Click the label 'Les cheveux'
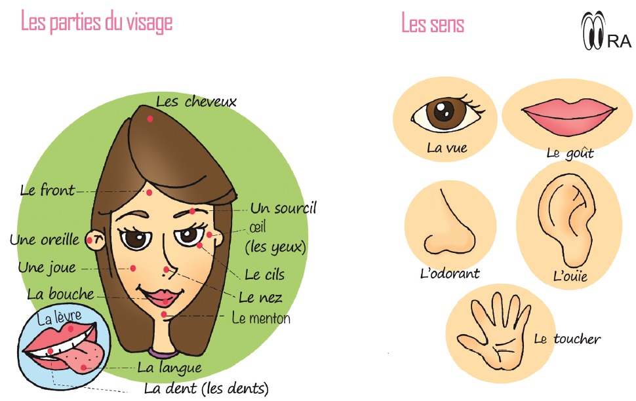coord(196,102)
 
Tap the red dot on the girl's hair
coord(150,119)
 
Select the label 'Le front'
coord(47,190)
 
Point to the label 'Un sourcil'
coord(283,208)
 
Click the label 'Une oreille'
coord(45,239)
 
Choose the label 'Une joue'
coord(47,267)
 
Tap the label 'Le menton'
coord(261,318)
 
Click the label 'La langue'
coord(170,368)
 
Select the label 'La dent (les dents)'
coord(207,389)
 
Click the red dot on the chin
coord(164,315)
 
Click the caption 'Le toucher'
coord(567,339)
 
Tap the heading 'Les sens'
coord(432,23)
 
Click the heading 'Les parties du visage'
coord(96,22)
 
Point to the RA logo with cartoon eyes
coord(606,30)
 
